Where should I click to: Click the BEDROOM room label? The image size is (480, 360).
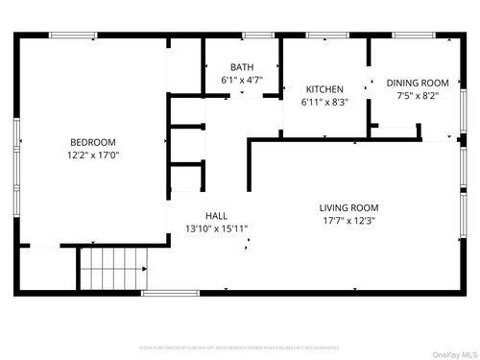(93, 142)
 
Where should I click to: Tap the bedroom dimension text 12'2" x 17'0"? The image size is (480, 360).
(93, 155)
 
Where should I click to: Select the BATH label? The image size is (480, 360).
(241, 66)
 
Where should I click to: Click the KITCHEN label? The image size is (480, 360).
(324, 88)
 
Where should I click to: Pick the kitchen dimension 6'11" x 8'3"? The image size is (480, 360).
(324, 101)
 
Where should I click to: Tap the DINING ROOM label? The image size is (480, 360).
(417, 84)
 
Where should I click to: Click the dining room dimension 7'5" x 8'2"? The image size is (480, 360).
(417, 96)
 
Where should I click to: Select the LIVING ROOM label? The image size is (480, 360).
(348, 207)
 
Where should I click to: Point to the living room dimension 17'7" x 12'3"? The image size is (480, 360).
(348, 220)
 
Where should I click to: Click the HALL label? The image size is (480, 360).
(216, 216)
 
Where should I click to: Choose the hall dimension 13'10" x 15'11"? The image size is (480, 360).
(216, 228)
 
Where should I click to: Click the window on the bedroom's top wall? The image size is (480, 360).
(72, 36)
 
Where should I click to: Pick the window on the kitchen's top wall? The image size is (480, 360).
(319, 36)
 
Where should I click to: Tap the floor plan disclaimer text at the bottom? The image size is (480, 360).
(240, 347)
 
